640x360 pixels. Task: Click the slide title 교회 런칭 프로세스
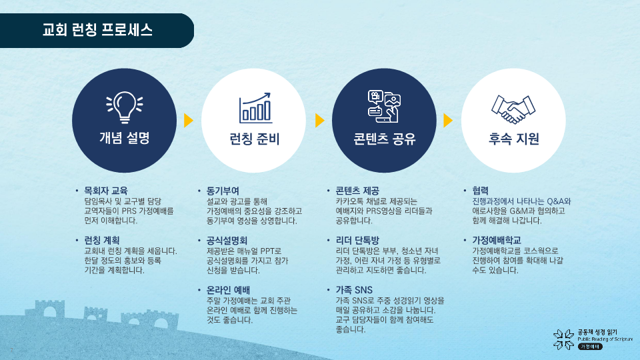97,30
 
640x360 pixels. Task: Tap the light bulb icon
125,107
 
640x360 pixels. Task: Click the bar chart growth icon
255,108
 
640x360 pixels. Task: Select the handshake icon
513,109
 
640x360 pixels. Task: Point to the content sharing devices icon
384,106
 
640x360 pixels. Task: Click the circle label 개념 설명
125,138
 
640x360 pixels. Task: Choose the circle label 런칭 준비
254,139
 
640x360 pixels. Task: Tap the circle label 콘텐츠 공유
384,139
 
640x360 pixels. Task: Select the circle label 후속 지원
514,139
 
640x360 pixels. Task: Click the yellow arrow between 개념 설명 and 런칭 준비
189,121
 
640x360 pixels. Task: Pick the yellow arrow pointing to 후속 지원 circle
448,121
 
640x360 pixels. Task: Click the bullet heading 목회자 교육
106,191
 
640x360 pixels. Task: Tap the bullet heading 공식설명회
227,241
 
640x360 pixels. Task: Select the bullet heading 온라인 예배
228,290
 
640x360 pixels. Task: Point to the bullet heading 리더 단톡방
357,241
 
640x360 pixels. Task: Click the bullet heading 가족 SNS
354,290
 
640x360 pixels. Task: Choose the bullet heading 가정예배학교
497,241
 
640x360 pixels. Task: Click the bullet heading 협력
481,191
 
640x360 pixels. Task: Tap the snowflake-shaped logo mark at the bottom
564,339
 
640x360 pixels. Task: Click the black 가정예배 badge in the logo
590,347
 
